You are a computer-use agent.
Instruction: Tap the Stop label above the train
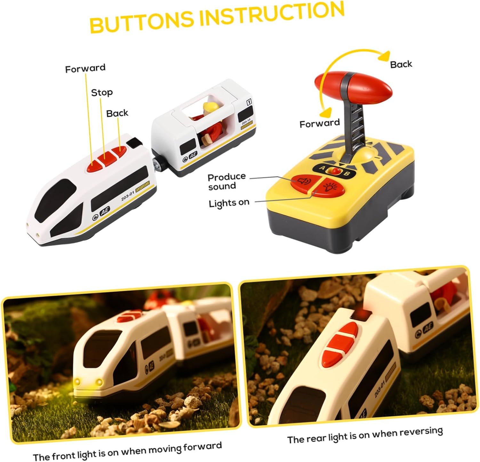pyautogui.click(x=102, y=93)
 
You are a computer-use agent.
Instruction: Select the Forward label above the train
pyautogui.click(x=85, y=68)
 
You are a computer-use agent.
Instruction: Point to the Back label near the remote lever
pyautogui.click(x=401, y=64)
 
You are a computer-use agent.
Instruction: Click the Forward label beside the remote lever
pyautogui.click(x=319, y=123)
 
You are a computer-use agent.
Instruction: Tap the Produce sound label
pyautogui.click(x=227, y=181)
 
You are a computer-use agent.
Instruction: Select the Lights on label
pyautogui.click(x=229, y=203)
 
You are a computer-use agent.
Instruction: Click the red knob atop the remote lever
pyautogui.click(x=354, y=87)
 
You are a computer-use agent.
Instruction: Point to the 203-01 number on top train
pyautogui.click(x=128, y=196)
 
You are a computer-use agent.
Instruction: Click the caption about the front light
pyautogui.click(x=127, y=451)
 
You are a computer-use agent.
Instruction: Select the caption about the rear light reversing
pyautogui.click(x=365, y=435)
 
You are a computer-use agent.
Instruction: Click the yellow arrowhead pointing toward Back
pyautogui.click(x=384, y=56)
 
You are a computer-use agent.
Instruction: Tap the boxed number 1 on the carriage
pyautogui.click(x=249, y=102)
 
